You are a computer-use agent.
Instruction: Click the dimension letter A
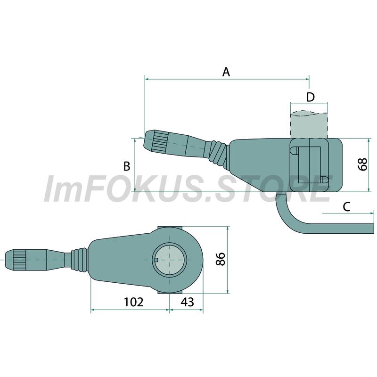click(x=226, y=72)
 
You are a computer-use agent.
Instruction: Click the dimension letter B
click(x=127, y=166)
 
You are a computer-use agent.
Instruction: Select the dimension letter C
click(x=346, y=207)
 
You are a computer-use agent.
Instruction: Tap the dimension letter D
click(x=311, y=97)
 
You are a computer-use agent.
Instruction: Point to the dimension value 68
click(x=363, y=164)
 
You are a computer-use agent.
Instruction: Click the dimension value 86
click(x=220, y=259)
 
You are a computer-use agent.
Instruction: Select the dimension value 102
click(x=134, y=302)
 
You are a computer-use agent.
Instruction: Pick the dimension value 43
click(x=187, y=302)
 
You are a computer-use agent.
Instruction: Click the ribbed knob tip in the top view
click(x=16, y=260)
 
